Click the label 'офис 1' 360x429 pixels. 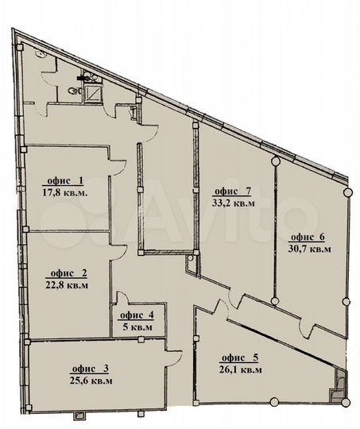65,181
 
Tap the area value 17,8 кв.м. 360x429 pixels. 65,193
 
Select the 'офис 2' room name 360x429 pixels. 68,273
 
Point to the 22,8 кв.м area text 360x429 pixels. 67,285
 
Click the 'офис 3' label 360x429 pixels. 90,369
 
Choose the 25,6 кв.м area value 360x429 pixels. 91,381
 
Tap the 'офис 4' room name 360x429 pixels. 137,315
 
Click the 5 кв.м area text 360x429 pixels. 137,327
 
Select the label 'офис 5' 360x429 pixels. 240,357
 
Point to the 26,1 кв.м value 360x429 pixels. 241,370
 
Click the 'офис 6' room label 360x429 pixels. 306,237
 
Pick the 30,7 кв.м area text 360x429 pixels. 310,249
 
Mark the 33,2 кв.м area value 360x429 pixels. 234,203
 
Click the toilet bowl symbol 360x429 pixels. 74,91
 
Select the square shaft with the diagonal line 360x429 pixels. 93,93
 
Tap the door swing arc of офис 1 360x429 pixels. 121,168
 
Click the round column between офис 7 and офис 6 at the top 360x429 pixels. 276,160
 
